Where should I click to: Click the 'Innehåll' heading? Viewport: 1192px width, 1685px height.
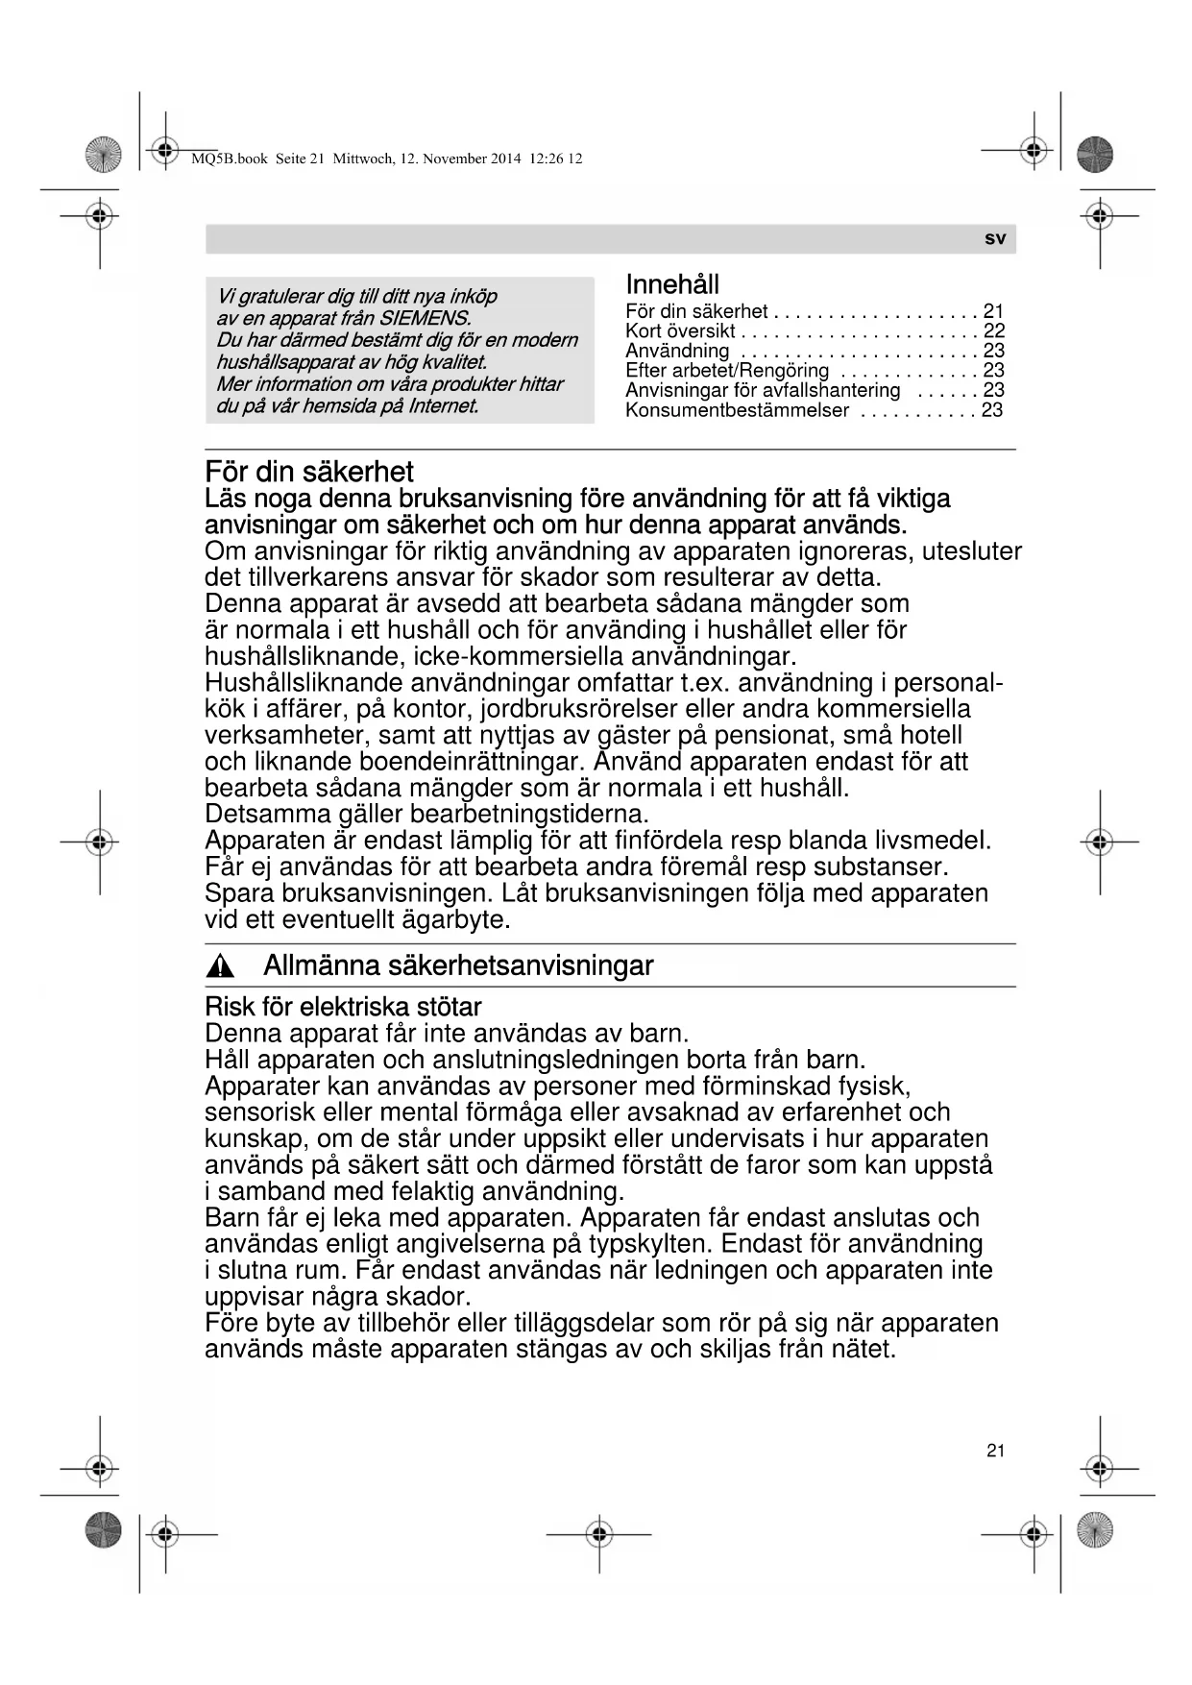tap(671, 284)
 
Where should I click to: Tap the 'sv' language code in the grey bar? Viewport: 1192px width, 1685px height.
tap(995, 238)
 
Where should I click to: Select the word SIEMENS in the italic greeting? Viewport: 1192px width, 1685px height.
tap(426, 318)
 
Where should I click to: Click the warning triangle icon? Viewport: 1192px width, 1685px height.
tap(221, 966)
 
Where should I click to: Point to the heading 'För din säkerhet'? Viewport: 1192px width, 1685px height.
tap(309, 472)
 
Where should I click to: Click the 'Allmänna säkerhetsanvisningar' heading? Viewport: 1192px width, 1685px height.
tap(458, 965)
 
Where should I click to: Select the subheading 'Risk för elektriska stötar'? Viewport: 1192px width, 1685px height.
tap(343, 1007)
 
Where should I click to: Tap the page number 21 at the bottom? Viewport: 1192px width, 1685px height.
tap(995, 1451)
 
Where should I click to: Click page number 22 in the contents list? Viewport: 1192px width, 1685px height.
tap(993, 330)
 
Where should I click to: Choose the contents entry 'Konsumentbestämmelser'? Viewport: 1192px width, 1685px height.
tap(737, 410)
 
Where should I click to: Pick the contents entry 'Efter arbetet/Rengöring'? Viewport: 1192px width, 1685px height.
tap(726, 370)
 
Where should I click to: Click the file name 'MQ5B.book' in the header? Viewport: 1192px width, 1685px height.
tap(230, 159)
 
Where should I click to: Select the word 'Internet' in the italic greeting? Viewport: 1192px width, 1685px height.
tap(443, 405)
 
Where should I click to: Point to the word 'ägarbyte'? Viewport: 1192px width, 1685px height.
tap(452, 919)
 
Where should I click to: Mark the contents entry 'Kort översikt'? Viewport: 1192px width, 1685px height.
tap(679, 330)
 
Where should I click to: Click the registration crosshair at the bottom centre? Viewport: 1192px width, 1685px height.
tap(598, 1534)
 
